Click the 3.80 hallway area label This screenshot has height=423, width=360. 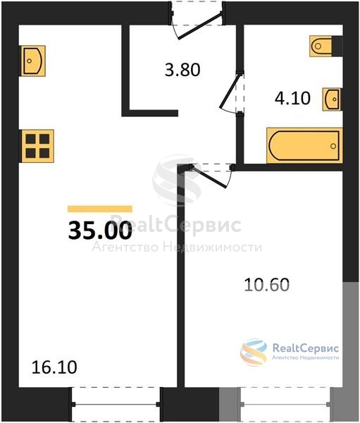[182, 70]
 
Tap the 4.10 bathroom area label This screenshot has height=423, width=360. [292, 98]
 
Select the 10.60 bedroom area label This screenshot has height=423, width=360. [267, 285]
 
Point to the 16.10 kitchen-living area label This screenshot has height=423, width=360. [54, 367]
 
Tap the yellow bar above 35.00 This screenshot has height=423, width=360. [100, 209]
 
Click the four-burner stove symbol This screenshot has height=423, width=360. [37, 146]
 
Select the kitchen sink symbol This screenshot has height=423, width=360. [33, 61]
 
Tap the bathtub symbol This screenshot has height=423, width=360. [304, 146]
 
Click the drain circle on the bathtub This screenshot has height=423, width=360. [333, 146]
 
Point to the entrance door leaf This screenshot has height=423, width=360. [199, 25]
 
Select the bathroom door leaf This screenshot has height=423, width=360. [230, 90]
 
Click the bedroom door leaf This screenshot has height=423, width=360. [209, 176]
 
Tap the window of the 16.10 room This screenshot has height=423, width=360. [116, 404]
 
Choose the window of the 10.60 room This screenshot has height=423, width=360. [285, 404]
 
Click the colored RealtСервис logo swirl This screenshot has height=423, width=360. [254, 352]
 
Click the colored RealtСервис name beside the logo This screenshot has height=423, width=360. [306, 348]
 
